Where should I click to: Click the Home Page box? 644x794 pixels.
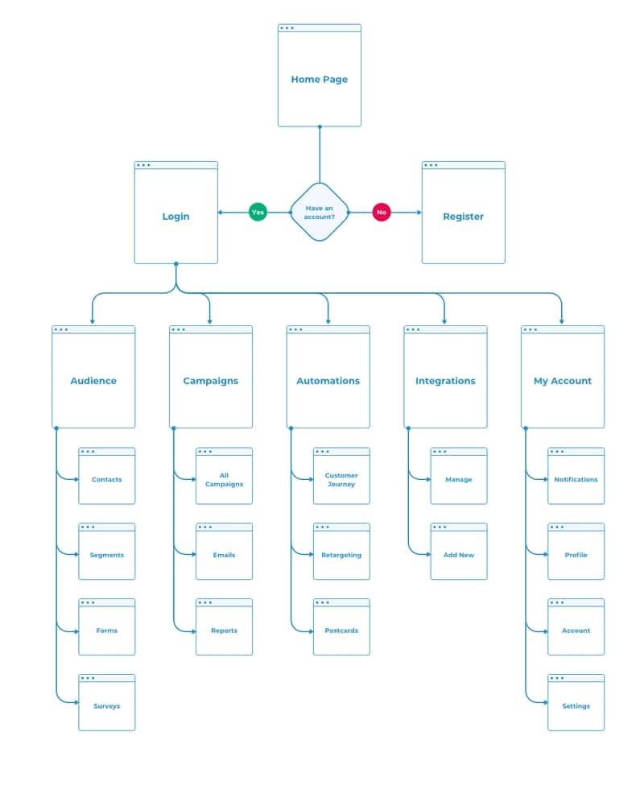click(319, 79)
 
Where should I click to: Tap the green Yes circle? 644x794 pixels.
click(258, 213)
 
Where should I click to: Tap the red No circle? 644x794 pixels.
click(382, 213)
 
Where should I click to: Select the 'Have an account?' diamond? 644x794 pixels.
click(320, 212)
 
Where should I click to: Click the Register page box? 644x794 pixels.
click(463, 216)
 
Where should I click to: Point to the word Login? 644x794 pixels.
click(175, 217)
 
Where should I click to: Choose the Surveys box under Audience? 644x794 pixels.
click(106, 705)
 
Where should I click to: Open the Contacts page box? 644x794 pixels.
click(106, 479)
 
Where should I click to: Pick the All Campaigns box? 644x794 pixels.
click(224, 479)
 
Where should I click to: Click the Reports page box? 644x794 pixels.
click(224, 631)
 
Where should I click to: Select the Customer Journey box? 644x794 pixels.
click(341, 479)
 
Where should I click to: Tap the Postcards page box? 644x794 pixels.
click(341, 631)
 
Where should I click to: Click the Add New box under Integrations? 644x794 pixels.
click(459, 555)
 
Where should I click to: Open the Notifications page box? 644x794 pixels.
click(576, 479)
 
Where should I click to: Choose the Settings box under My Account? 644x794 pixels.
click(576, 705)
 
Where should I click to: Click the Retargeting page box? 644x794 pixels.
click(341, 555)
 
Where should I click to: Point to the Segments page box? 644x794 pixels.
click(106, 555)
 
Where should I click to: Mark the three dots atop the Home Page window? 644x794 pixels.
click(287, 28)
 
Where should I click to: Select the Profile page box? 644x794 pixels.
click(576, 555)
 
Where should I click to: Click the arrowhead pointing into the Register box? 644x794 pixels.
click(419, 213)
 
